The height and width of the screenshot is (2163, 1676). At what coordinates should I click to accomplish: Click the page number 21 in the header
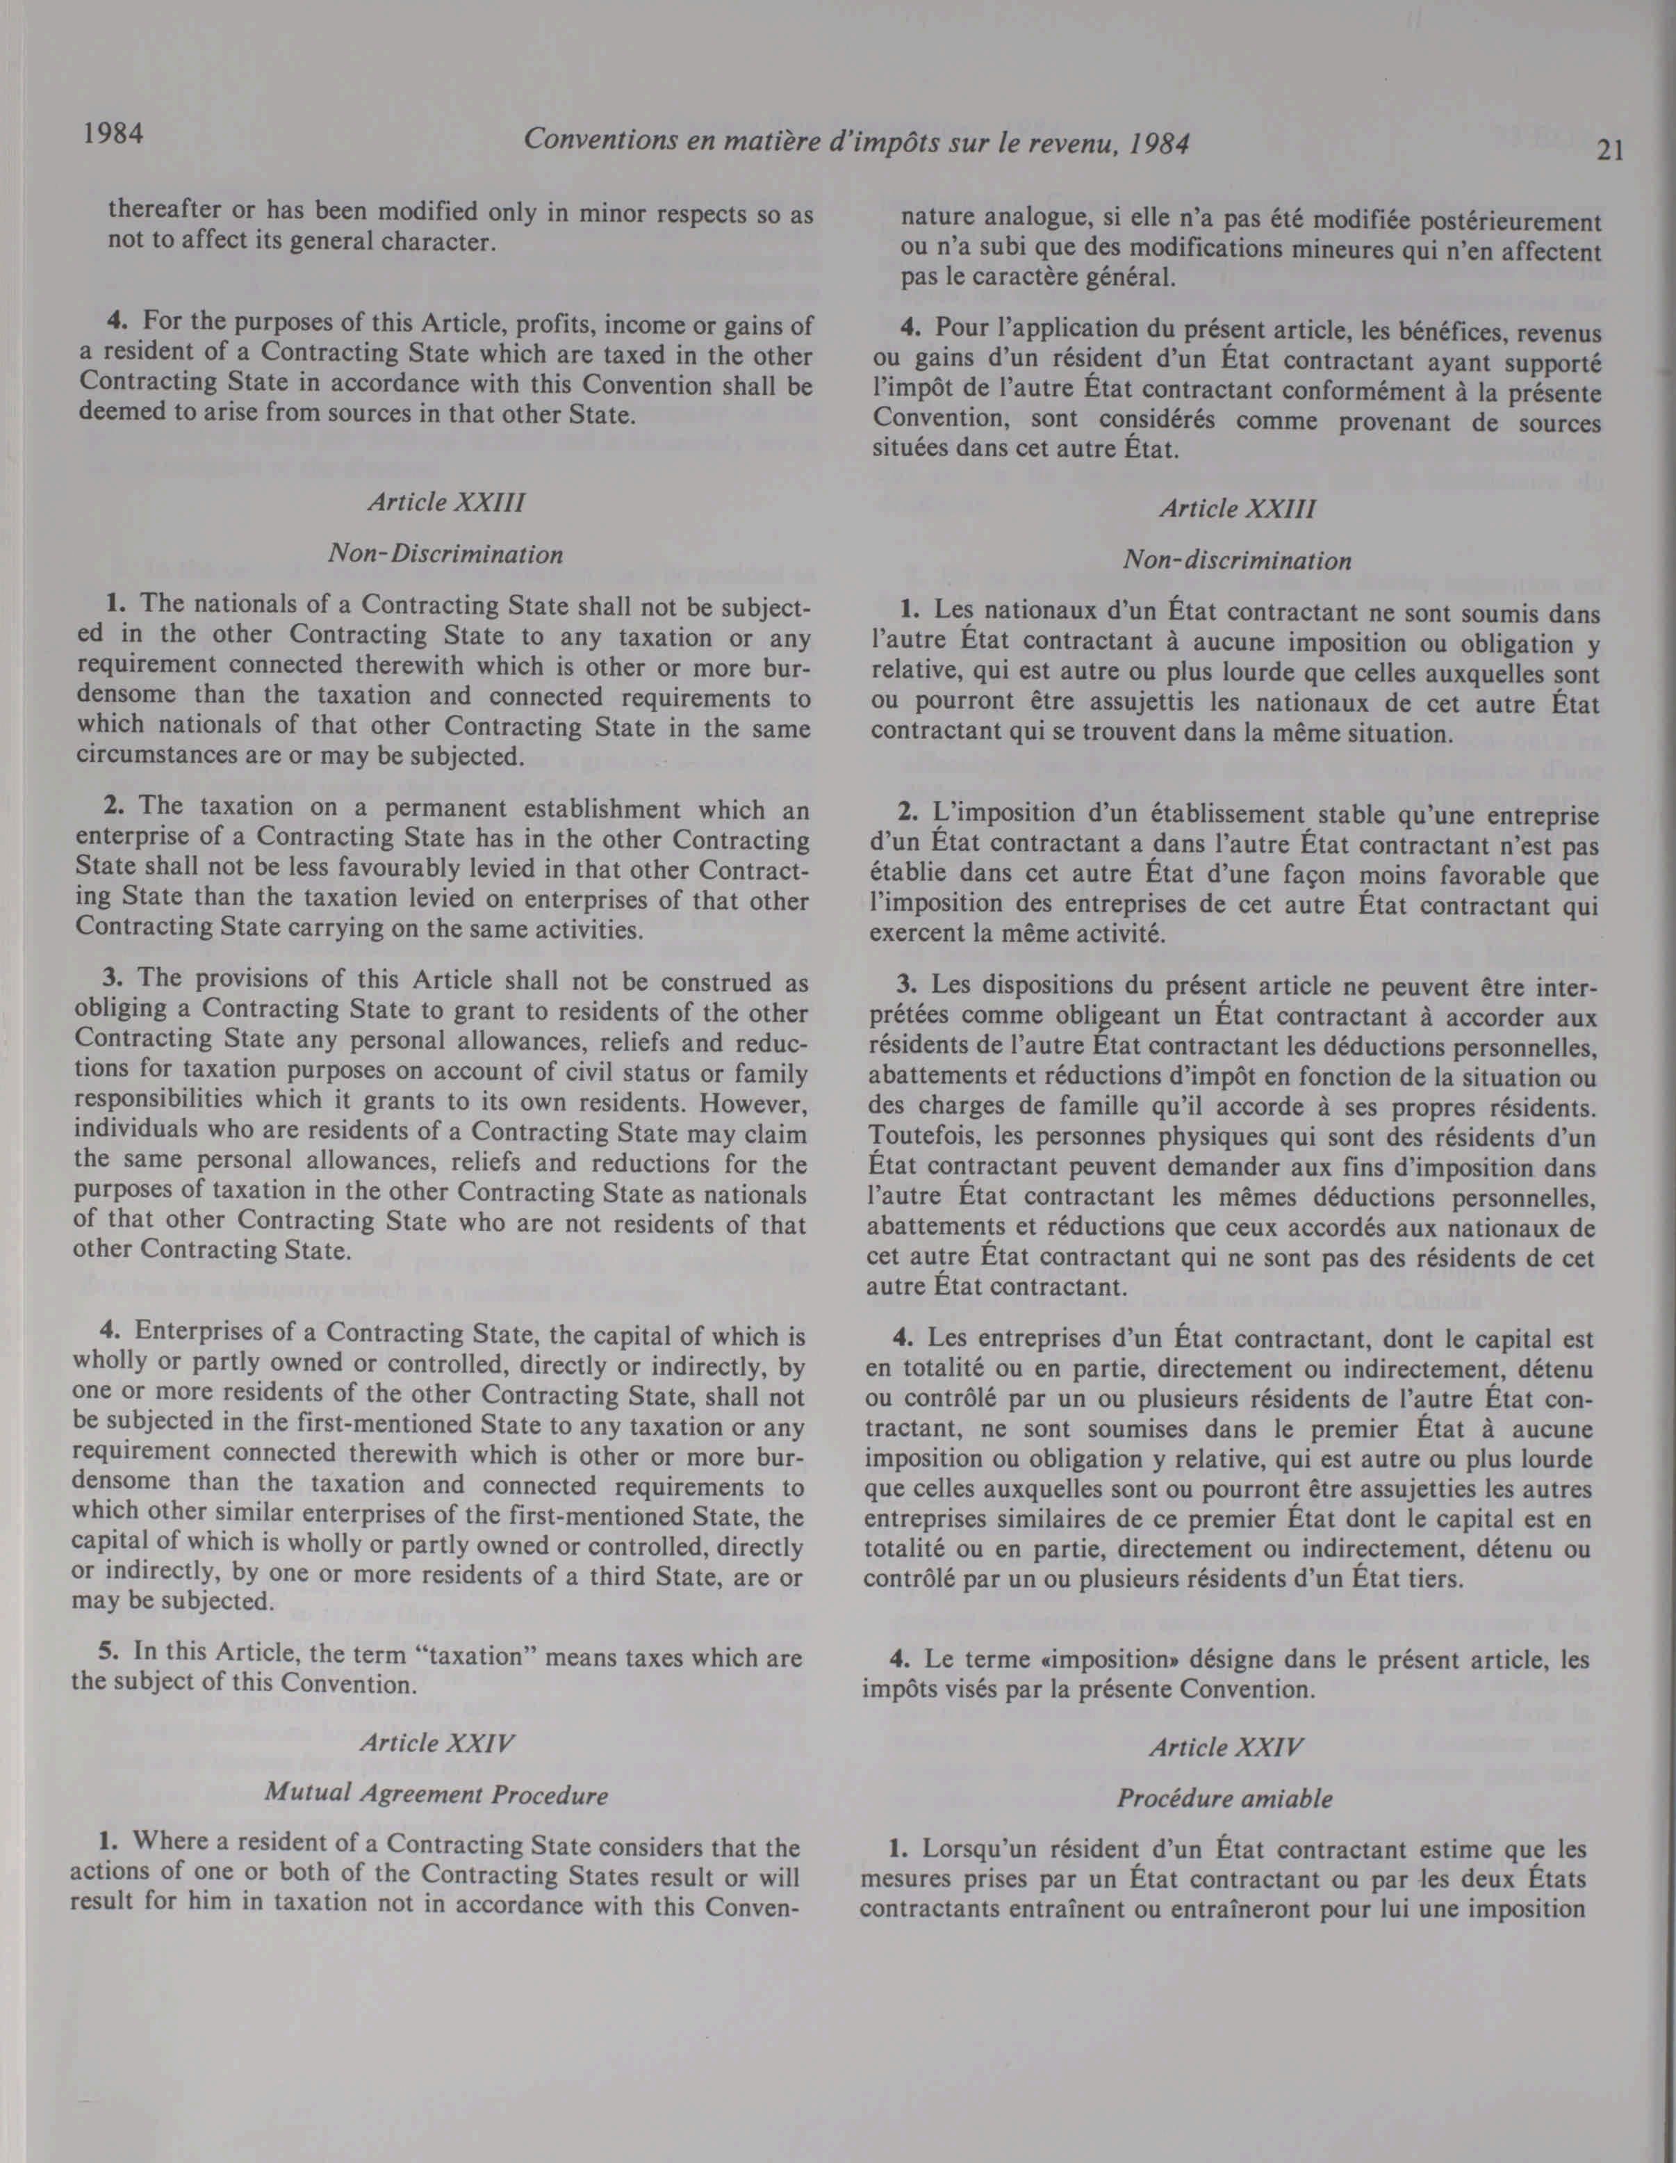click(x=1611, y=151)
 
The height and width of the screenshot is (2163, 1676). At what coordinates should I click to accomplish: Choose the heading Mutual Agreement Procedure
click(x=436, y=1794)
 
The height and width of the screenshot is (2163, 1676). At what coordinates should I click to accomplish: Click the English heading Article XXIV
click(x=436, y=1743)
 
